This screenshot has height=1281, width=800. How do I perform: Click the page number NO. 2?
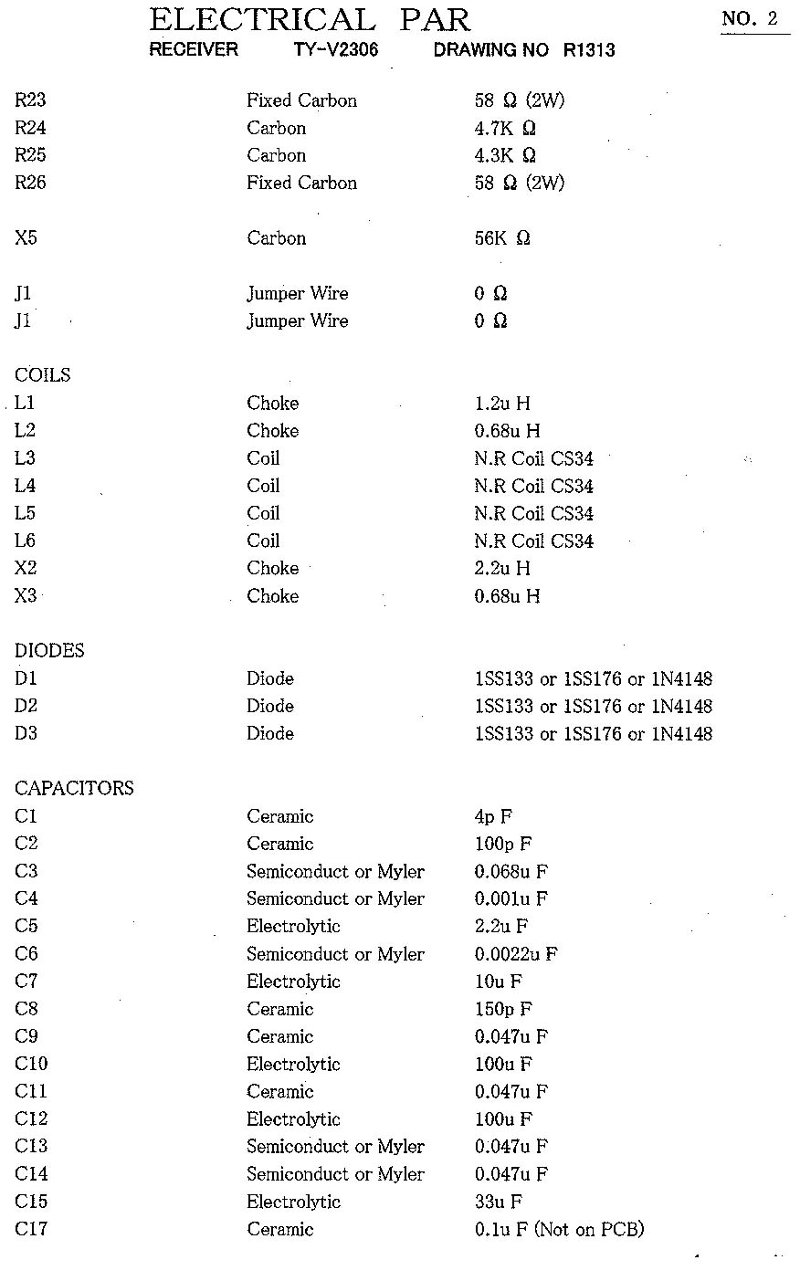pyautogui.click(x=753, y=19)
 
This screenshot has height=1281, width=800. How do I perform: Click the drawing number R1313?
pyautogui.click(x=589, y=50)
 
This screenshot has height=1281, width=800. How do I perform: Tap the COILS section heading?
pyautogui.click(x=42, y=375)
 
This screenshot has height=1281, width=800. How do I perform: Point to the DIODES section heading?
pyautogui.click(x=49, y=651)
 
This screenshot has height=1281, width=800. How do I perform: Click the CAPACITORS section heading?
pyautogui.click(x=74, y=788)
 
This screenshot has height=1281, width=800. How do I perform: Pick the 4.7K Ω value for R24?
pyautogui.click(x=505, y=128)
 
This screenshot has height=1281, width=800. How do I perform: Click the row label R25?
pyautogui.click(x=30, y=155)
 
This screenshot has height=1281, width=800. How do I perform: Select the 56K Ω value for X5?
pyautogui.click(x=502, y=238)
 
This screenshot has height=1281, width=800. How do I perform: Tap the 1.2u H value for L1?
pyautogui.click(x=502, y=403)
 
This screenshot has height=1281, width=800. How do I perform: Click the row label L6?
pyautogui.click(x=26, y=541)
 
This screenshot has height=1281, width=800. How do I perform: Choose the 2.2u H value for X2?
pyautogui.click(x=502, y=568)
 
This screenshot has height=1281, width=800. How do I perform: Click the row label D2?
pyautogui.click(x=26, y=706)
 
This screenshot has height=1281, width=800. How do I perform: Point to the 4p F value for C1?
pyautogui.click(x=494, y=816)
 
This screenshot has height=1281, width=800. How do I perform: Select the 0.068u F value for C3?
pyautogui.click(x=511, y=871)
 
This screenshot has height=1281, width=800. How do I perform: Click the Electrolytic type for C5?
pyautogui.click(x=293, y=926)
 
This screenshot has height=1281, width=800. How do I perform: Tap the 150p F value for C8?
pyautogui.click(x=503, y=1009)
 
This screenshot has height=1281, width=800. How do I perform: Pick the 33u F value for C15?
pyautogui.click(x=499, y=1202)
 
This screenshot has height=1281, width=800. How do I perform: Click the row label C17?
pyautogui.click(x=31, y=1229)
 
